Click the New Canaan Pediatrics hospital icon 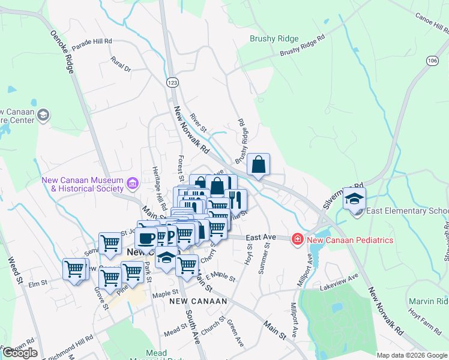click(297, 240)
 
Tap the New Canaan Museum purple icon click(133, 181)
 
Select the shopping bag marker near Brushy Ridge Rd click(258, 165)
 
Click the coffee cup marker click(146, 238)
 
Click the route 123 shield click(173, 82)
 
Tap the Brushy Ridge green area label click(274, 39)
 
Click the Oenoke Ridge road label click(62, 52)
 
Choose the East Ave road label click(261, 238)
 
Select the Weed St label click(14, 271)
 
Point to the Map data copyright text click(412, 355)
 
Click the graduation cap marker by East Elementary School click(354, 199)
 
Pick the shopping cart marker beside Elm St click(74, 269)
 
